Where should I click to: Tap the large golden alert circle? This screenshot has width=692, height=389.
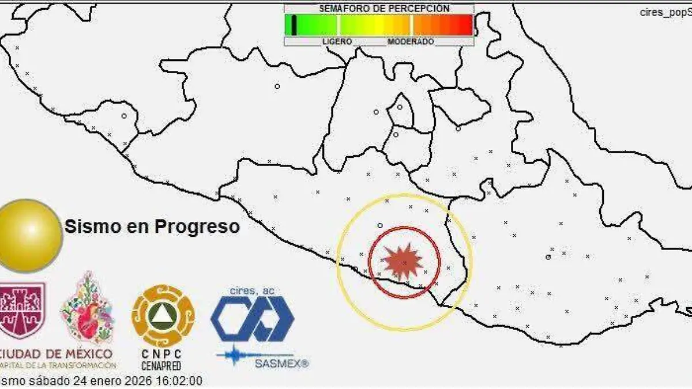[x=27, y=235]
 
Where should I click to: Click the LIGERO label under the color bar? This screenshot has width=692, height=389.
[x=337, y=42]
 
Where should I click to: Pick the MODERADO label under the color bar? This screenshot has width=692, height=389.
[x=411, y=42]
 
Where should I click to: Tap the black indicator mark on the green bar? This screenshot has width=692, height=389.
[x=294, y=25]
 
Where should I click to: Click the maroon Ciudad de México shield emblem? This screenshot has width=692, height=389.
[x=22, y=310]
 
